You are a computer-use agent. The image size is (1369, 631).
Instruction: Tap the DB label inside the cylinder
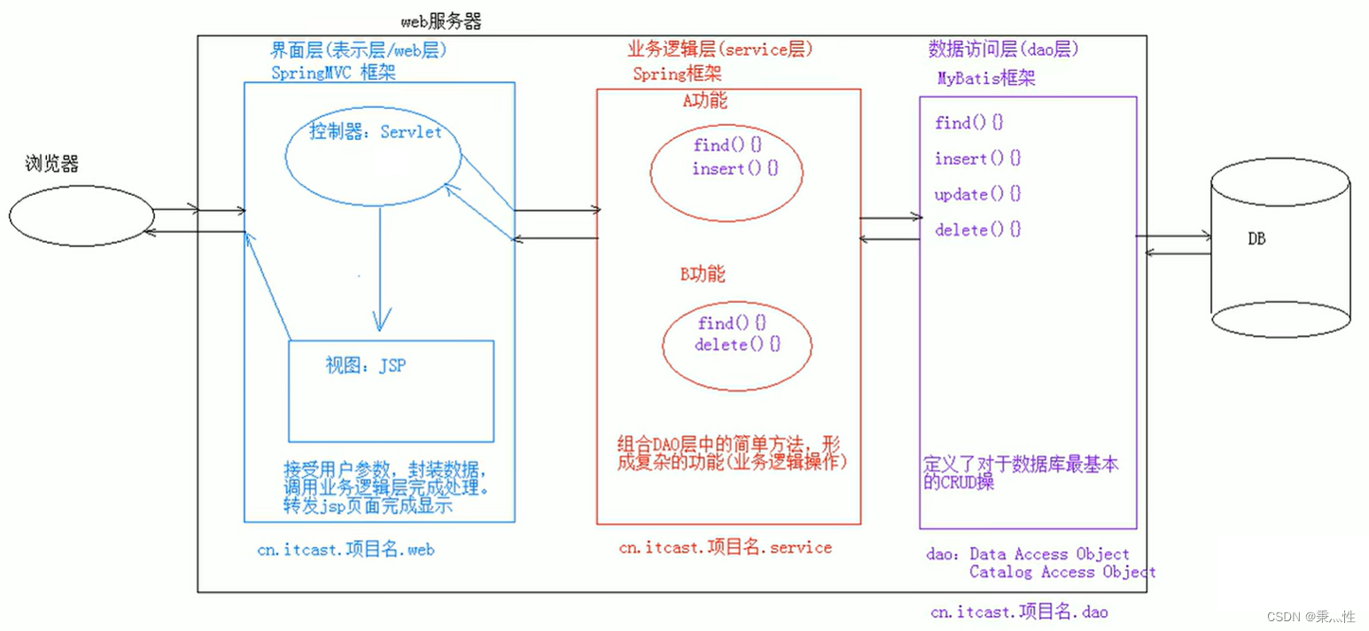click(1256, 239)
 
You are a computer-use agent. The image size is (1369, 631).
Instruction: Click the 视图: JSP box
click(391, 390)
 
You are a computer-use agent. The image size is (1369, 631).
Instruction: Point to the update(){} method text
click(977, 194)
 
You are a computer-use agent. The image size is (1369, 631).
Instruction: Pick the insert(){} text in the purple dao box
click(977, 159)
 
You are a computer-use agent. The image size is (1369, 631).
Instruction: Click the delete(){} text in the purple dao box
click(977, 230)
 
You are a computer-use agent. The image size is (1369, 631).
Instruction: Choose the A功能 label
click(704, 101)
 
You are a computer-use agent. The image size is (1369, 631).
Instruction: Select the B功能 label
click(703, 275)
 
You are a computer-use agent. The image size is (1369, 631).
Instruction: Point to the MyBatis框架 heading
click(986, 78)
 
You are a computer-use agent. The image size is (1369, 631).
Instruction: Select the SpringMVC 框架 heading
click(332, 73)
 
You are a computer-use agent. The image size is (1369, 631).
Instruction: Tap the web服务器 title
click(440, 20)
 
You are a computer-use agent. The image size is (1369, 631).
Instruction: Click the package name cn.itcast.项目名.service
click(725, 548)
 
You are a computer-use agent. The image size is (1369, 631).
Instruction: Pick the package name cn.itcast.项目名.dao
click(1018, 612)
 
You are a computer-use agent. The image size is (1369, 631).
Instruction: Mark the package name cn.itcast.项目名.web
click(346, 549)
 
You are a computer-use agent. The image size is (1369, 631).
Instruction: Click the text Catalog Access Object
click(1062, 572)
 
